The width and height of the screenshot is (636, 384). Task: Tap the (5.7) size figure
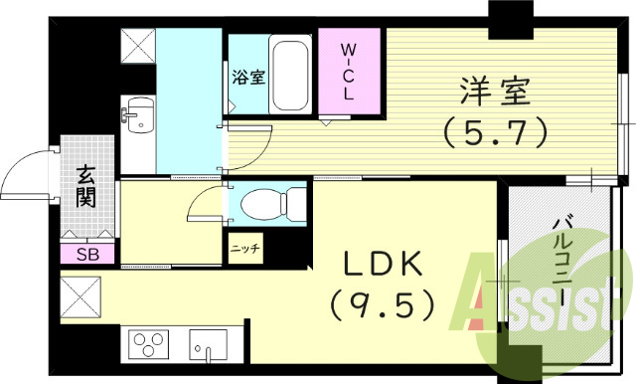[x=495, y=132]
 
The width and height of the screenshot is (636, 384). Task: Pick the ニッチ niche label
[x=243, y=248]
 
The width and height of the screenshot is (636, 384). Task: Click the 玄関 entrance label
[x=86, y=188]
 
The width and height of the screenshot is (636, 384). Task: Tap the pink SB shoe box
[x=86, y=254]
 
